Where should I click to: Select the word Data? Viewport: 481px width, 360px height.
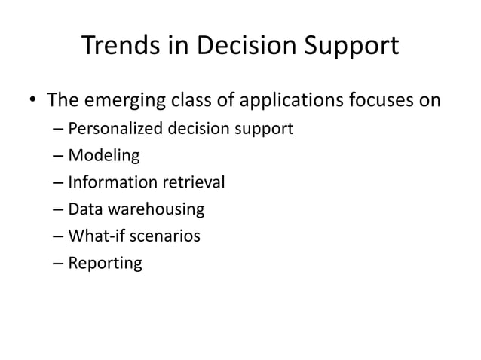pyautogui.click(x=84, y=209)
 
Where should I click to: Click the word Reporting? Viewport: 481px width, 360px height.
pyautogui.click(x=104, y=264)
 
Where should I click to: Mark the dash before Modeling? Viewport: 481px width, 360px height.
pyautogui.click(x=59, y=157)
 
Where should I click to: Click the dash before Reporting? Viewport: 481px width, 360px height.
pyautogui.click(x=59, y=264)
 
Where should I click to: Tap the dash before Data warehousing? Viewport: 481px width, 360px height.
pyautogui.click(x=59, y=210)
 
